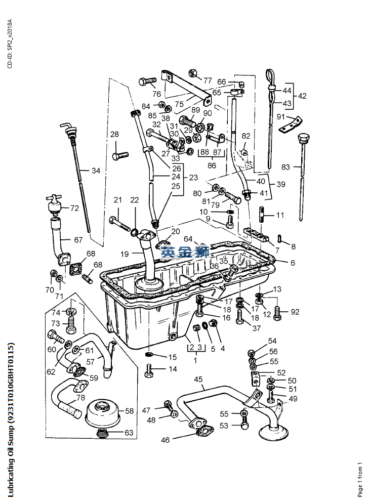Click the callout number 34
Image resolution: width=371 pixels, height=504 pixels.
coord(96,171)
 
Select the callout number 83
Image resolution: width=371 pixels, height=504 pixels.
coord(286,166)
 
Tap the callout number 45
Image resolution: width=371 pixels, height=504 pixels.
coord(198,379)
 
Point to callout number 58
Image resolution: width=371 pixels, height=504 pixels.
coord(129,411)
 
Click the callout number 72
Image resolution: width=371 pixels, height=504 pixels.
coord(74,208)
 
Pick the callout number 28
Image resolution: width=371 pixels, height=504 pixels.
coord(115,134)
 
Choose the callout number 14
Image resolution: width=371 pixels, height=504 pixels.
coord(173,369)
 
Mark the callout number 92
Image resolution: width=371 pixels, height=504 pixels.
coord(296,312)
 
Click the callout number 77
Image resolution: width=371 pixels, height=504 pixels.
coord(208,80)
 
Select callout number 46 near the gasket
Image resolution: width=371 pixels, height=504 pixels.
coord(166,440)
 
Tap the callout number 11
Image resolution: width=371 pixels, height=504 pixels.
coord(280,215)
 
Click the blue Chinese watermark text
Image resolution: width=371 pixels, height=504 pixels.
coord(185,251)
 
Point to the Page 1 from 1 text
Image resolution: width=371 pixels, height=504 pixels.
coord(360,478)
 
